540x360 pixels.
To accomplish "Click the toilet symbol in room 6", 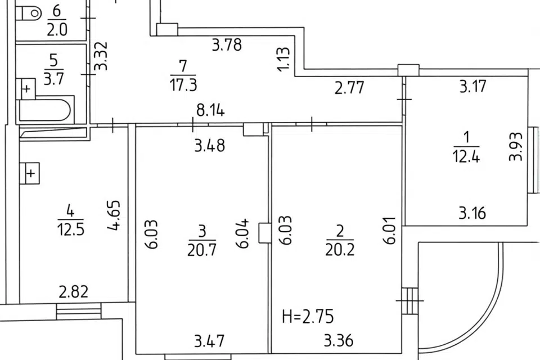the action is (30, 13).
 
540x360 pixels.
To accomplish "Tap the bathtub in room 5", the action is (45, 110).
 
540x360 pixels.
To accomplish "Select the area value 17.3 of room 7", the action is (183, 84).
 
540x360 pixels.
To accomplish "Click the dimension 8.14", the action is (210, 111).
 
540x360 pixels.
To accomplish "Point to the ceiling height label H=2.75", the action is (308, 317).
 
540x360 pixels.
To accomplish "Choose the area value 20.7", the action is (202, 250).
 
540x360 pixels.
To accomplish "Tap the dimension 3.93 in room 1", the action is (516, 147).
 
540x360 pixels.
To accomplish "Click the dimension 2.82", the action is (73, 292).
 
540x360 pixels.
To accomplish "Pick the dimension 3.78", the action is (227, 45).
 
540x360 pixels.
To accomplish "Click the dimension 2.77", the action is (349, 88).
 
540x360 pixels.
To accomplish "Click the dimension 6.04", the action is (242, 233).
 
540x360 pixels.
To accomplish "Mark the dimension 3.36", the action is (339, 341).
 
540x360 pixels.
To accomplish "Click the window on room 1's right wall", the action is (533, 161).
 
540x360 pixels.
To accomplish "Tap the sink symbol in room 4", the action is (29, 173).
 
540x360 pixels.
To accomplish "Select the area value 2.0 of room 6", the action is (57, 30).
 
